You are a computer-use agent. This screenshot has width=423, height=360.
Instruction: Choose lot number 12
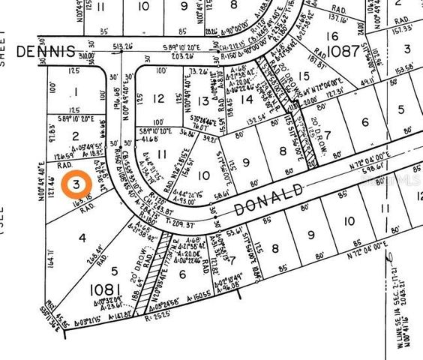tap(158, 99)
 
